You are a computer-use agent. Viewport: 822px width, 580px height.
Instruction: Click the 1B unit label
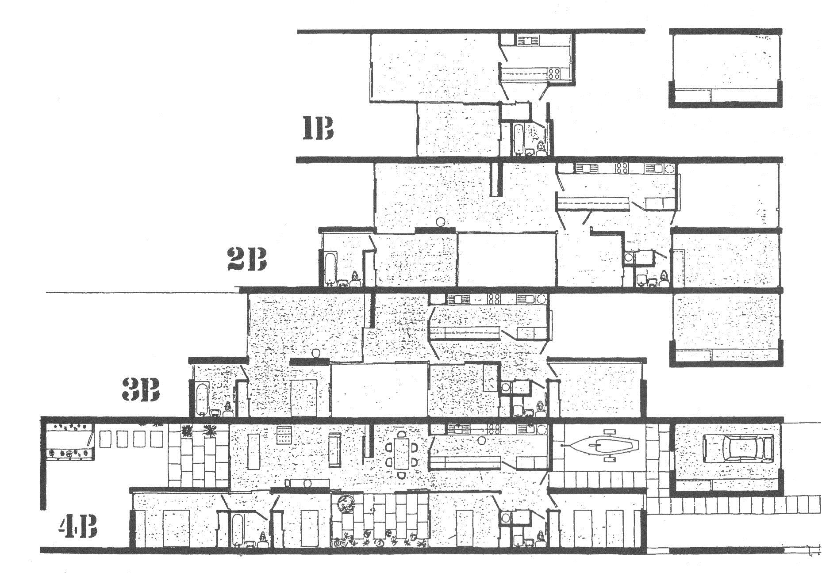(x=317, y=128)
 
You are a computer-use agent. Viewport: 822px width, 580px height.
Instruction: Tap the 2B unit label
(x=247, y=259)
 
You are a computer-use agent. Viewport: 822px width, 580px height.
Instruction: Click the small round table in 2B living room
(x=440, y=222)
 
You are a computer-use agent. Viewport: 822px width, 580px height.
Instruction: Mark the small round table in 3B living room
(x=316, y=353)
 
